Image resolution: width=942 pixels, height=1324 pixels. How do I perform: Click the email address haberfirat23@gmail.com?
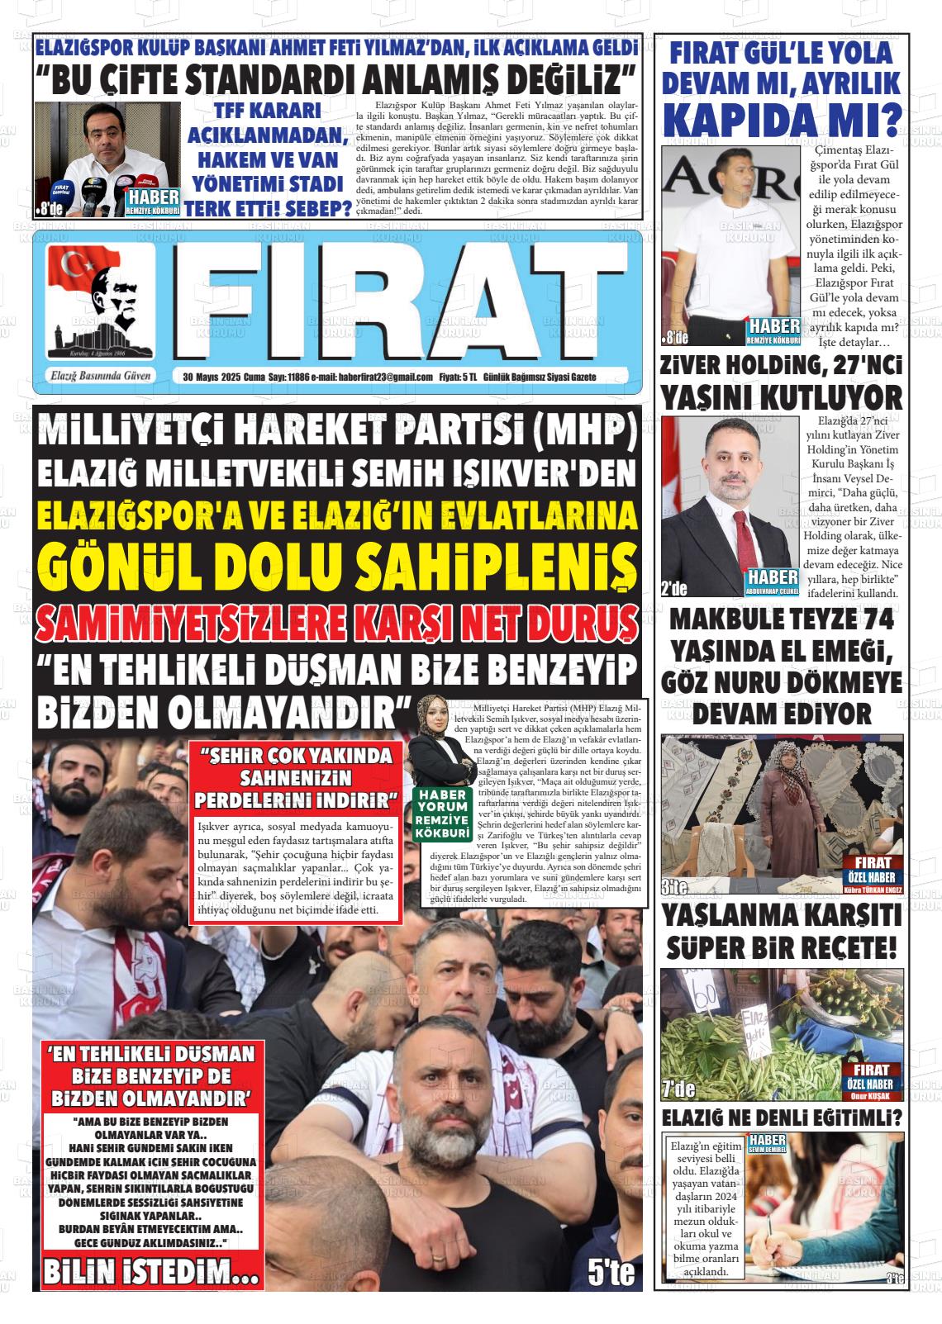pos(385,377)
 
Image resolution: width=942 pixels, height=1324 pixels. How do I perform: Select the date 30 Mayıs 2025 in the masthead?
pos(211,377)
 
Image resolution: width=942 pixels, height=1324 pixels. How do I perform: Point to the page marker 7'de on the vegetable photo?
pos(678,1089)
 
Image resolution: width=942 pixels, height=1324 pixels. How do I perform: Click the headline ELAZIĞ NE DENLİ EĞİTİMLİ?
pos(781,1118)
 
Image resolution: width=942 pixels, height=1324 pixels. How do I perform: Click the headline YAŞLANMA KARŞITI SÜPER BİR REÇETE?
pos(781,931)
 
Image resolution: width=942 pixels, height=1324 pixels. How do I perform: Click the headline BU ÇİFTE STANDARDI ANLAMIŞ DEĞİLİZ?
pos(337,80)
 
